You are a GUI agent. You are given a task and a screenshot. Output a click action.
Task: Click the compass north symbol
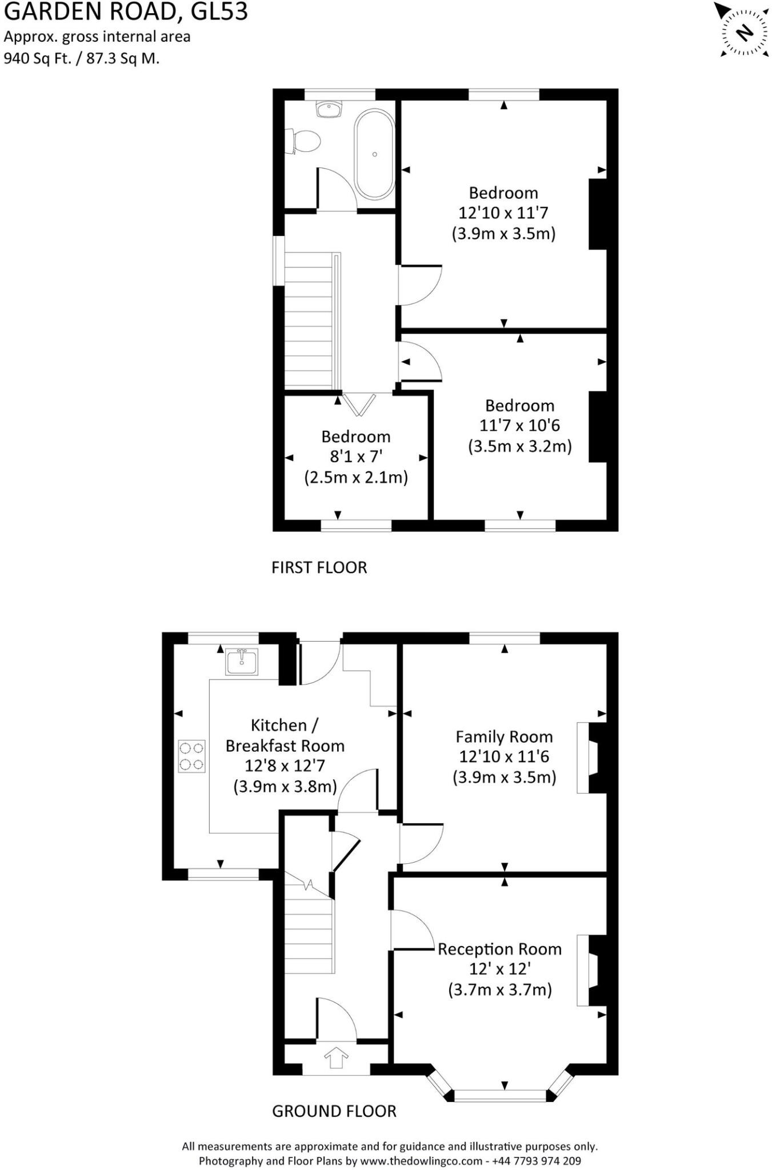[x=744, y=32]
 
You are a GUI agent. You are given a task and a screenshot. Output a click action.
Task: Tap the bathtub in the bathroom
[x=374, y=154]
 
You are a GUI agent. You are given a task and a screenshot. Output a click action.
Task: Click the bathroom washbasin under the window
[x=329, y=109]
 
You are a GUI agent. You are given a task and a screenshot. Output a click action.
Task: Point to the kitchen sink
[x=242, y=662]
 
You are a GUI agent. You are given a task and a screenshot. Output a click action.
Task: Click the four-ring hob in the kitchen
[x=191, y=756]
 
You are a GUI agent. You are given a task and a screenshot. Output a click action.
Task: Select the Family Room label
[x=504, y=736]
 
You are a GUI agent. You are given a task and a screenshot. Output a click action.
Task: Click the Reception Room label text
[x=499, y=949]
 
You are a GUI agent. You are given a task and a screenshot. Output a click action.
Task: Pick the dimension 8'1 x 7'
[x=355, y=456]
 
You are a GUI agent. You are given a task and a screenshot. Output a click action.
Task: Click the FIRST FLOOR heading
[x=319, y=567]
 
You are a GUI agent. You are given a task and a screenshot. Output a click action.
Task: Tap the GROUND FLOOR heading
[x=334, y=1111]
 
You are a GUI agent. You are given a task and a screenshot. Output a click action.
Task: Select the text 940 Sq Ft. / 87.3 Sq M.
[x=82, y=58]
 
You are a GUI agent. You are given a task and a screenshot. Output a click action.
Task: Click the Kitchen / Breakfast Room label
[x=285, y=735]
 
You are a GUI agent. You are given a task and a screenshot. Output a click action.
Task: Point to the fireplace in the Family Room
[x=592, y=758]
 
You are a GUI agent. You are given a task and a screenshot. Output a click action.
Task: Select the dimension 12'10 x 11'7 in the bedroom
[x=503, y=213]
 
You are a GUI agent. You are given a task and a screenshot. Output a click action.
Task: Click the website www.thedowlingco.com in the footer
[x=421, y=1161]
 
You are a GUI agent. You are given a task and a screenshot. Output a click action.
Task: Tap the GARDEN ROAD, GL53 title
[x=126, y=11]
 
